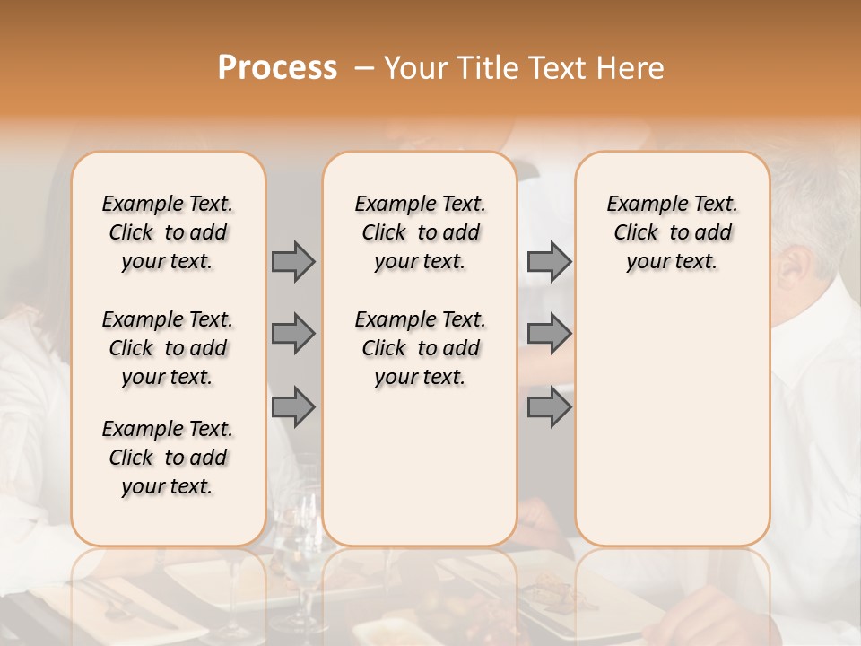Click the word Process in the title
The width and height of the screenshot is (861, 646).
click(x=277, y=68)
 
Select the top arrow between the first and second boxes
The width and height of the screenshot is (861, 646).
click(x=293, y=261)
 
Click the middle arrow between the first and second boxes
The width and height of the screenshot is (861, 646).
click(x=293, y=334)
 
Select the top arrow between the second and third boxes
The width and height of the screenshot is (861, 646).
click(x=549, y=261)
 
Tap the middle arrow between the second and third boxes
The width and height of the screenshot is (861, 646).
click(x=549, y=334)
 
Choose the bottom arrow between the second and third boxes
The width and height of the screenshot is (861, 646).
click(x=549, y=406)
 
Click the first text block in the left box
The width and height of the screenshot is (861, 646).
click(x=168, y=232)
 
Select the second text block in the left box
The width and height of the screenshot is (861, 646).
click(x=168, y=348)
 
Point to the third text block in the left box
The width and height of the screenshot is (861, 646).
click(x=168, y=458)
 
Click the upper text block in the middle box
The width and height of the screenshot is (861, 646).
click(x=420, y=232)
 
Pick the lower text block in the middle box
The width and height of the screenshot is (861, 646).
click(x=420, y=348)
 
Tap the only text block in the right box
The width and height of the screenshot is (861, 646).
click(x=672, y=232)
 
